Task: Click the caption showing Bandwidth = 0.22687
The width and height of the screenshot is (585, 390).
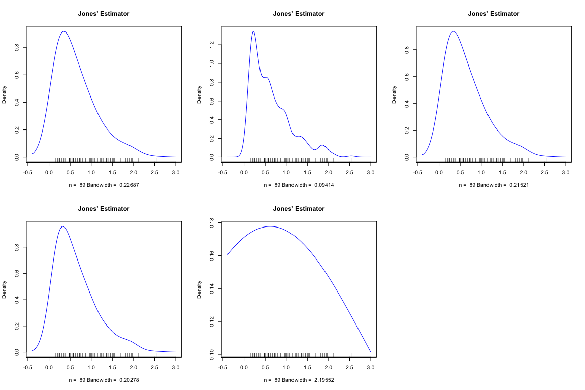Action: [104, 185]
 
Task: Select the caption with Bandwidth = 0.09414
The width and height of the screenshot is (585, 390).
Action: [299, 185]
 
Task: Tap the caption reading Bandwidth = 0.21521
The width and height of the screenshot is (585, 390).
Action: [494, 185]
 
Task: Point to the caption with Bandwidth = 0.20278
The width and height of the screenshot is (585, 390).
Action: [104, 380]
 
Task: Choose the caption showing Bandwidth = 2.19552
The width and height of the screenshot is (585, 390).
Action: [299, 380]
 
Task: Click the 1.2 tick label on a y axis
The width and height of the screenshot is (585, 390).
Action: [213, 45]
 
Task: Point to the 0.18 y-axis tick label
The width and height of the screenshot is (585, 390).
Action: [213, 223]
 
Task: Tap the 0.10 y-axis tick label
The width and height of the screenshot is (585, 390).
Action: [213, 354]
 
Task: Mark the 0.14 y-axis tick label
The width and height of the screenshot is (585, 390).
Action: [213, 288]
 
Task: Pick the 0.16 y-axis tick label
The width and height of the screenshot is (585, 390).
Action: [213, 256]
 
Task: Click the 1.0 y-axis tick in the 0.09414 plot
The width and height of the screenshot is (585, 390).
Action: [213, 63]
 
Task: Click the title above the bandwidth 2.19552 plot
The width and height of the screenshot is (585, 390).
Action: [299, 209]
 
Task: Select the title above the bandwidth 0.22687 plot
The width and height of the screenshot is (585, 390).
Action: [104, 14]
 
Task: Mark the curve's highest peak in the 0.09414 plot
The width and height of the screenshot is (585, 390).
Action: [253, 31]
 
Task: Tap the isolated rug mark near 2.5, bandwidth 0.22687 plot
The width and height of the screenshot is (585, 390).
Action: [156, 159]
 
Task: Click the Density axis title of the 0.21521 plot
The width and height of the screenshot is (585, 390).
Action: [395, 94]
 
